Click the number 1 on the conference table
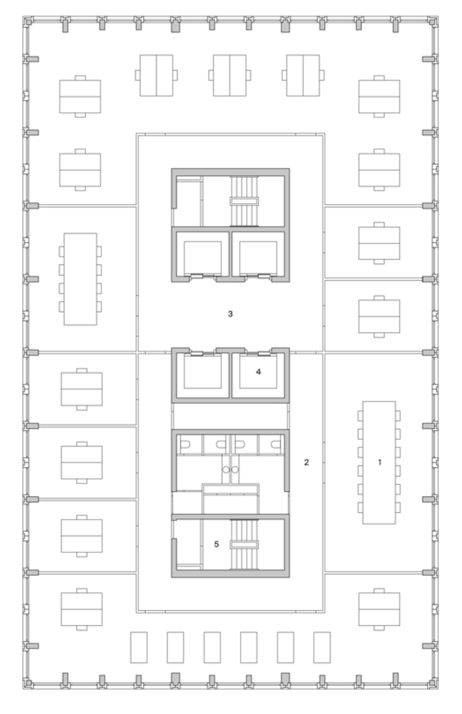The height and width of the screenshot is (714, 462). point(380,462)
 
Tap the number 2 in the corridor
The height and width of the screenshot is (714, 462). point(306,462)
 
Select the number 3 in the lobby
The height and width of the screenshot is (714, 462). point(231,314)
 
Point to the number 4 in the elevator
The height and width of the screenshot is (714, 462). point(258,371)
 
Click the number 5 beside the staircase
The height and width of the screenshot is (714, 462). point(217,544)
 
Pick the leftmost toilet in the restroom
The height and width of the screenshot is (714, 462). point(185,444)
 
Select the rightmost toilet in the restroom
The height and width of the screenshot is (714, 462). point(275,444)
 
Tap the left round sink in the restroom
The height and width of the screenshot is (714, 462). point(226,469)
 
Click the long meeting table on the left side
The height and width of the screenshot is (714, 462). point(80,279)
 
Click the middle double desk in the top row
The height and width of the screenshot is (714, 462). point(230,75)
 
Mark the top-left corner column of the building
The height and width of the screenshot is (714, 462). point(27,21)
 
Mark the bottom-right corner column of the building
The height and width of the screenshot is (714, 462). point(433,683)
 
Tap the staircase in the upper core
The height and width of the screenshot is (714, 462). point(245,201)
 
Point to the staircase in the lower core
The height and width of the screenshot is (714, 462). point(245,544)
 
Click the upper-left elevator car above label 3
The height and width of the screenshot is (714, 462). point(203,257)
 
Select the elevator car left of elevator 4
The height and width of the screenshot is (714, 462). point(203,371)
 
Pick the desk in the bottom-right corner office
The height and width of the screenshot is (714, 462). point(379,609)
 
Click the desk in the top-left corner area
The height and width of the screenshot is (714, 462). point(80,96)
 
